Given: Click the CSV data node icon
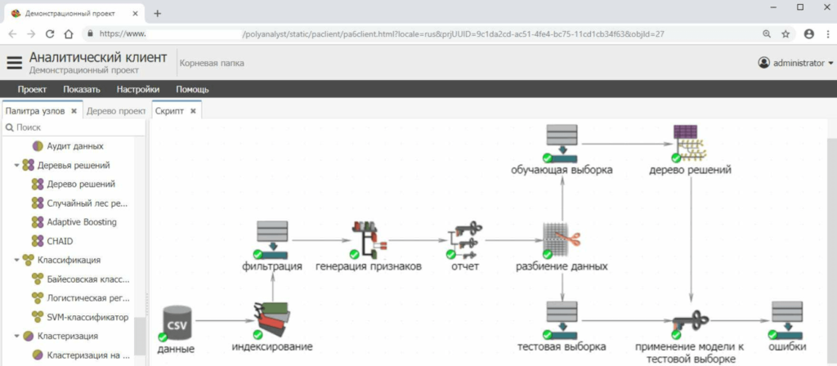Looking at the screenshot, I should [179, 323].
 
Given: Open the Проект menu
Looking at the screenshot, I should [33, 89].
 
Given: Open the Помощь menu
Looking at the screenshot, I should [193, 89].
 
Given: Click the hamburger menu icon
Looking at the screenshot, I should [15, 63].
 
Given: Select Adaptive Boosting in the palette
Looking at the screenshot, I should [81, 221].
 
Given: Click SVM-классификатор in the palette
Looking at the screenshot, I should [87, 316].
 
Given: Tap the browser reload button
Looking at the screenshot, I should [50, 34].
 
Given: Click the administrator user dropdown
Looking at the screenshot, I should [796, 63].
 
